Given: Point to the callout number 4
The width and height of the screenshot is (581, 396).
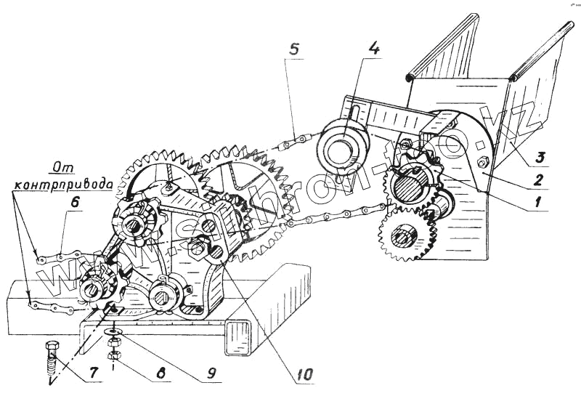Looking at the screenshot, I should [372, 50].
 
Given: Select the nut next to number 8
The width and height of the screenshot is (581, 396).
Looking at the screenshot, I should [113, 356].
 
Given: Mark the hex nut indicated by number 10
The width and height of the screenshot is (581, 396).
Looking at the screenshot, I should [198, 248].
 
